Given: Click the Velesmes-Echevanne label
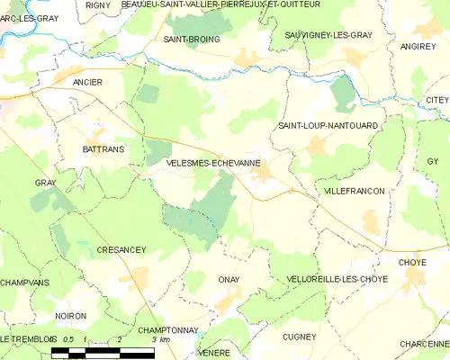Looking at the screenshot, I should (214, 164).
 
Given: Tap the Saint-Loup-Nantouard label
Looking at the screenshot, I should (328, 125).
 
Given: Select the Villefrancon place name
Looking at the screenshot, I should (355, 192).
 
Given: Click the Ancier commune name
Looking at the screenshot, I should (88, 82).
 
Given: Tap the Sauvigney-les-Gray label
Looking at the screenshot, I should (328, 34).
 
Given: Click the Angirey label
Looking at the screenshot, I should (417, 45).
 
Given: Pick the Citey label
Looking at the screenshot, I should (437, 99).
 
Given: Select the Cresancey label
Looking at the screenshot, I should (121, 249).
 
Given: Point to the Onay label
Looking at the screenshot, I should (229, 280).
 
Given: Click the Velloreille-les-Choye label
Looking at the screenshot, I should (337, 279).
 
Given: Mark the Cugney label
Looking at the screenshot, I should (299, 337).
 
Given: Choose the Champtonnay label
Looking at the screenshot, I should (168, 330).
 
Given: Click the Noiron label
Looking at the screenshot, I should (70, 316).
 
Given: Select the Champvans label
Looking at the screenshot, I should (24, 282).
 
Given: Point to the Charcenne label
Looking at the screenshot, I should (423, 343).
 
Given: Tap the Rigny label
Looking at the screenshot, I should (97, 4).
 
